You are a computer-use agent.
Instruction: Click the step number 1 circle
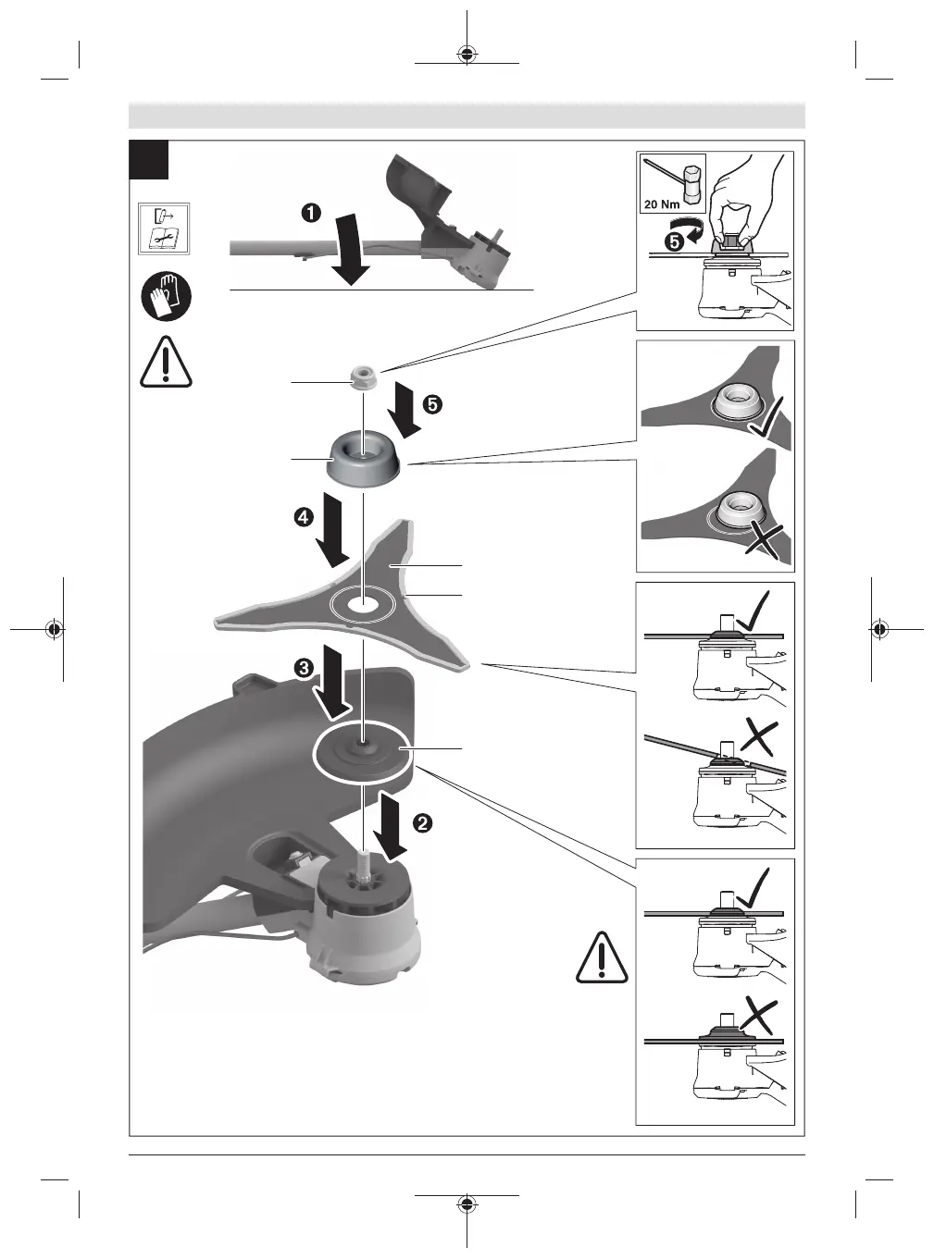(x=311, y=214)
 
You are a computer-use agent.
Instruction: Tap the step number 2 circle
(x=423, y=822)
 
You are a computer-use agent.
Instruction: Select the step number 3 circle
(x=304, y=668)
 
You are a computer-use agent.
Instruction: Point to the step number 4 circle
(x=304, y=517)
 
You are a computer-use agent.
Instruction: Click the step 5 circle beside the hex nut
(x=432, y=405)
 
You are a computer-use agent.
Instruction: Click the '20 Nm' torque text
(x=662, y=204)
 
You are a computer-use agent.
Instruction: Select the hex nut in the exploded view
(x=362, y=376)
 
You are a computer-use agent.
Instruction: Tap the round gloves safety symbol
(x=166, y=296)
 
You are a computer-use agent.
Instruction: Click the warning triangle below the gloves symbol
(x=166, y=362)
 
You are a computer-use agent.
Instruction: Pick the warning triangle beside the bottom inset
(x=602, y=957)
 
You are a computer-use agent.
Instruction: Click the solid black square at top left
(x=149, y=159)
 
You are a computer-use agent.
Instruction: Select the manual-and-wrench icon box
(x=164, y=228)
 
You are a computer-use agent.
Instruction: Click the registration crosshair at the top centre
(x=467, y=54)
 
